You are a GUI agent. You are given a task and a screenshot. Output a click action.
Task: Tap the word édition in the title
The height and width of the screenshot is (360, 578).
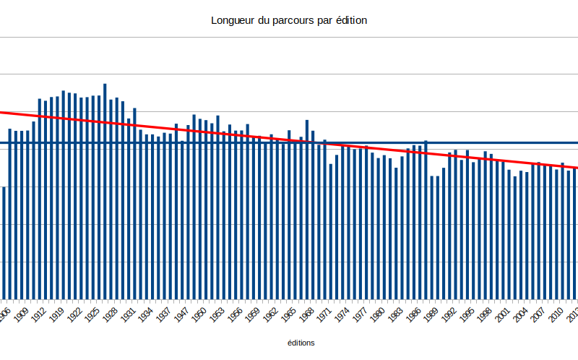point(350,21)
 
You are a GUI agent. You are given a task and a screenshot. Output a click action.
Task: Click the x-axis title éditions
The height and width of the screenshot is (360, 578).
point(301,343)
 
